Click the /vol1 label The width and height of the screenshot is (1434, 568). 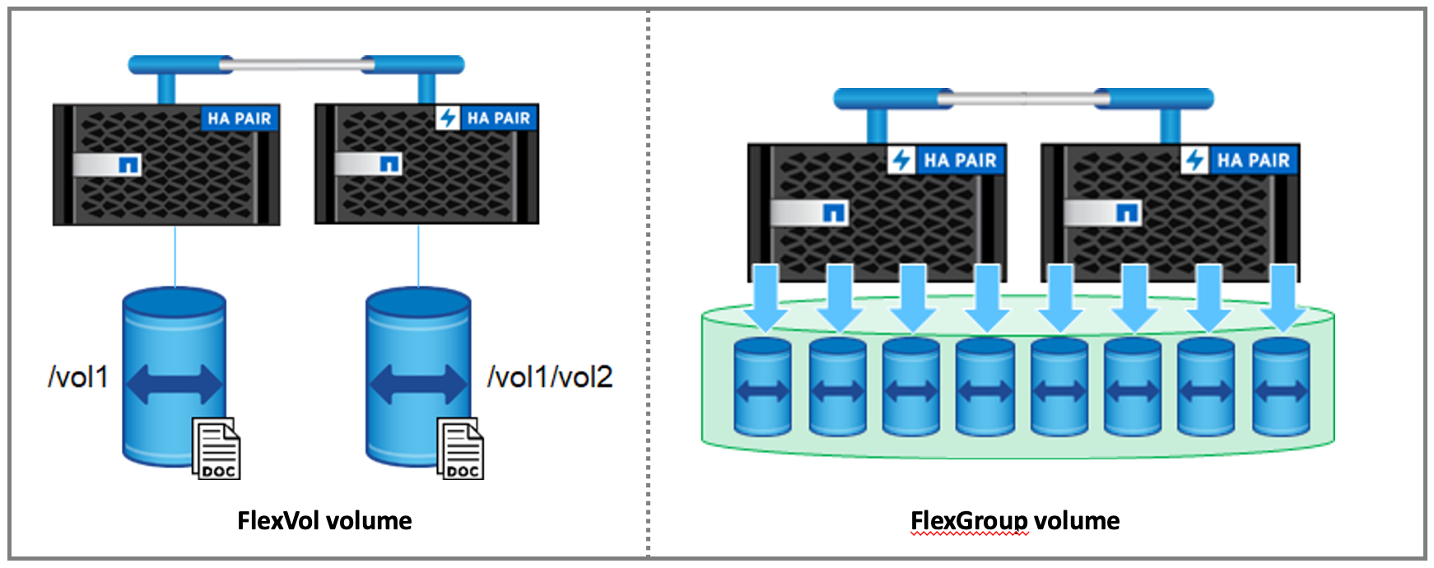(78, 377)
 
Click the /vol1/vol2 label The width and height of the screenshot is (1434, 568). (550, 377)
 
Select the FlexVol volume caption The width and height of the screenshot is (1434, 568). (324, 520)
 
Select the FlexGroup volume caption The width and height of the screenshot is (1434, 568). (1014, 520)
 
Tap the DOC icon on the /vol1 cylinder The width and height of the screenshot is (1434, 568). (216, 449)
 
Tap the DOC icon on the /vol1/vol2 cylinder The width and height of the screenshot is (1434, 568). (460, 449)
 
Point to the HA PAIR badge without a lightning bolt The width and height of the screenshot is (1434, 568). (240, 119)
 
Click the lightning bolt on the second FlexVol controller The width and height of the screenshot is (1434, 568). (447, 118)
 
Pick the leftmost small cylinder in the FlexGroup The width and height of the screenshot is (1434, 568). (762, 387)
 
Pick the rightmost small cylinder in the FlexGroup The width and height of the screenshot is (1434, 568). (1281, 387)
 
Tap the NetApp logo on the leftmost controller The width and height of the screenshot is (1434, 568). (128, 165)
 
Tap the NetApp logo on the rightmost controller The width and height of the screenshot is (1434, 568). (1127, 213)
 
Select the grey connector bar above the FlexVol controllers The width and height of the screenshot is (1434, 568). (296, 64)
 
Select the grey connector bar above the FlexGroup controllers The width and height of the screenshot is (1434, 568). (1023, 99)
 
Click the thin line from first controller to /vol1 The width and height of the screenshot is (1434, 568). (175, 255)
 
